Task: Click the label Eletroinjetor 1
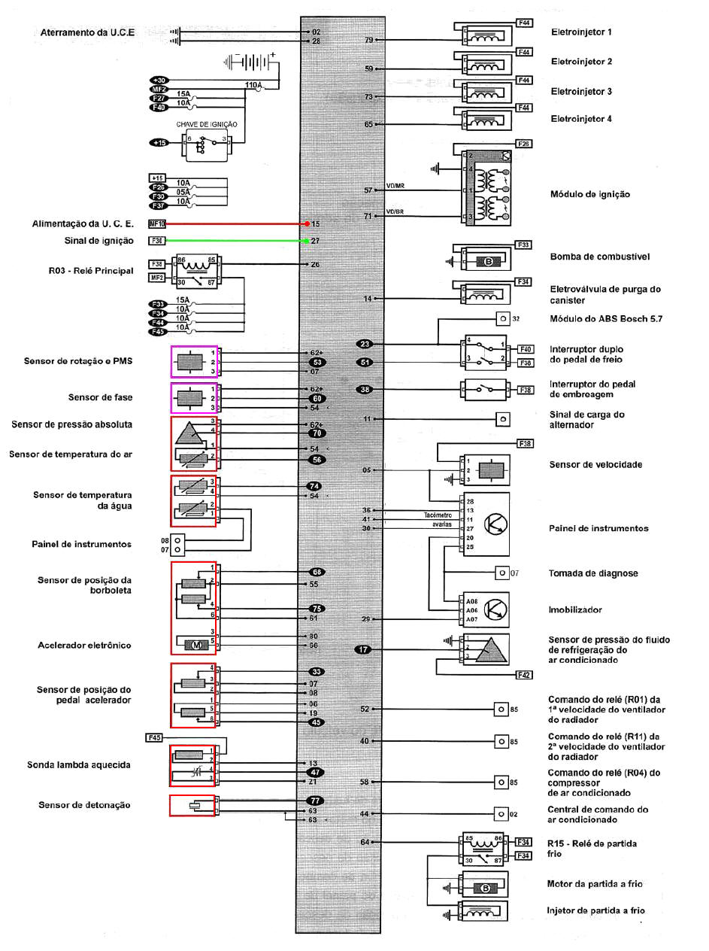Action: click(x=581, y=33)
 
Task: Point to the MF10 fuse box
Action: click(x=156, y=224)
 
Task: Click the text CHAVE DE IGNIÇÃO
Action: click(x=207, y=124)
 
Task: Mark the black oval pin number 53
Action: click(x=317, y=362)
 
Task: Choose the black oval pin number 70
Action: click(x=317, y=433)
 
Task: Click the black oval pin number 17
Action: click(x=364, y=649)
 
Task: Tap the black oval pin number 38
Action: click(x=365, y=390)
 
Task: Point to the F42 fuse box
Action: click(x=524, y=676)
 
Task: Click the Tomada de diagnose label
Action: click(x=593, y=573)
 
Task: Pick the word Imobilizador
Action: click(x=575, y=610)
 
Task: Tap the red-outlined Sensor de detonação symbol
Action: click(x=193, y=805)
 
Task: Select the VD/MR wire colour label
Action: click(x=396, y=186)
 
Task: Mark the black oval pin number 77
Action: click(x=317, y=801)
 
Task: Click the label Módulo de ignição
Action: click(x=590, y=195)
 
